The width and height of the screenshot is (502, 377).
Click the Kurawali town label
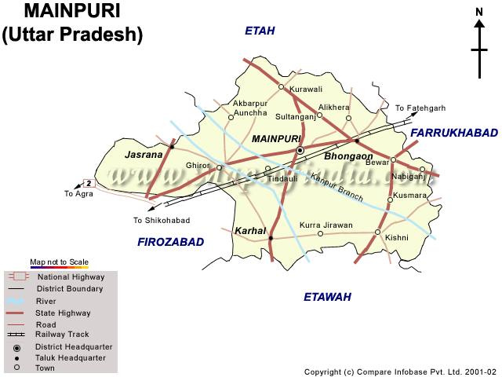click(x=306, y=90)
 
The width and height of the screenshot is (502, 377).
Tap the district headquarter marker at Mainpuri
click(x=299, y=150)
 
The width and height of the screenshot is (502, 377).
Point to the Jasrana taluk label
click(x=144, y=155)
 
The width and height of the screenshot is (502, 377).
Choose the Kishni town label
click(x=397, y=236)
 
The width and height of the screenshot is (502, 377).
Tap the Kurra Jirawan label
click(x=326, y=225)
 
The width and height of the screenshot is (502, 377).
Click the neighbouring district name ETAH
click(x=260, y=31)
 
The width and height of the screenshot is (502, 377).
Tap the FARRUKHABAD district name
click(x=454, y=133)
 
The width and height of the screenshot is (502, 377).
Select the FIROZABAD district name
click(x=170, y=242)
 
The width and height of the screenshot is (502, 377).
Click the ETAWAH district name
click(x=327, y=297)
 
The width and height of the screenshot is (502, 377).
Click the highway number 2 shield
click(x=89, y=183)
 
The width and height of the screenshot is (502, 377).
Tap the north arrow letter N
click(x=479, y=12)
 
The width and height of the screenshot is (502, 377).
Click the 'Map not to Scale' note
click(x=59, y=262)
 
